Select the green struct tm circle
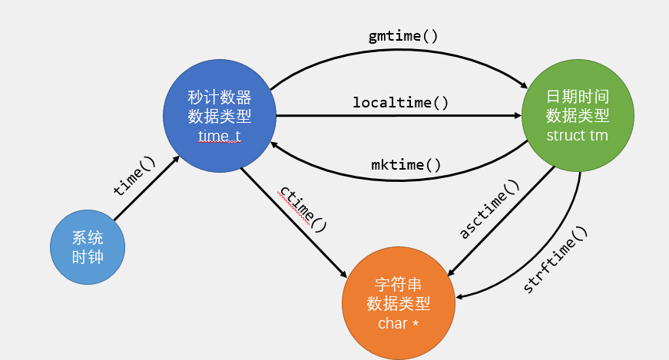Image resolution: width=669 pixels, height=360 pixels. pos(578,115)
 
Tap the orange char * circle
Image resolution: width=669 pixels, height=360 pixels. pos(398,302)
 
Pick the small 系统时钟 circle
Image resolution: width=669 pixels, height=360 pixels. pos(87,247)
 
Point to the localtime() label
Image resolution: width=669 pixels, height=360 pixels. pos(401,102)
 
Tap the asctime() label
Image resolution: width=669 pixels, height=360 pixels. pos(490,210)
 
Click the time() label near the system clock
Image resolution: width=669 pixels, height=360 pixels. pos(134,177)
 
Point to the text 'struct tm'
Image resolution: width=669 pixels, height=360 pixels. pos(577,136)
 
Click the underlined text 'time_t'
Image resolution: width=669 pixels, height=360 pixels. pos(219,136)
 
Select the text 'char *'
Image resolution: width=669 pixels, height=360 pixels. pos(398,323)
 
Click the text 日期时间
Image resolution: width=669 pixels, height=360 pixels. pos(578,96)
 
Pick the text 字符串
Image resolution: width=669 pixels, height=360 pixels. pos(398,282)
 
